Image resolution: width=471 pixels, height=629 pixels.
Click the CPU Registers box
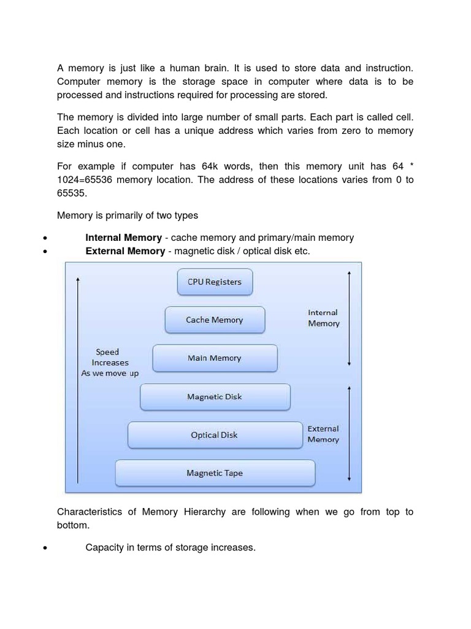tap(215, 282)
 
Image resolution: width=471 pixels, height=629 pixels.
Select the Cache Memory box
tap(215, 320)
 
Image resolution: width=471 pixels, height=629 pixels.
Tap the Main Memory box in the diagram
tap(215, 358)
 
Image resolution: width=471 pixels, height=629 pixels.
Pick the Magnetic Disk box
tap(215, 397)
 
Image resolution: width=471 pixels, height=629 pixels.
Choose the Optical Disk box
tap(215, 435)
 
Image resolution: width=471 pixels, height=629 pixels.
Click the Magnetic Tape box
tap(215, 473)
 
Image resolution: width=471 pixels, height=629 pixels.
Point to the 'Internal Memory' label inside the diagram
tap(323, 318)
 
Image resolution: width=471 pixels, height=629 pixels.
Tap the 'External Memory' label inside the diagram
tap(323, 434)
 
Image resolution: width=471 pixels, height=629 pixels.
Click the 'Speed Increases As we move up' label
tap(110, 362)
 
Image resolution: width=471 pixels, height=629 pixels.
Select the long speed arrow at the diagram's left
tap(78, 381)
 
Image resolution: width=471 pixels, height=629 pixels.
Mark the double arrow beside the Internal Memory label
tap(349, 318)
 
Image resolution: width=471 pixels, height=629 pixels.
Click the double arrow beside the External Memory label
tap(349, 433)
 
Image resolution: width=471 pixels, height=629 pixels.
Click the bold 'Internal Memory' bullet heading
tap(123, 238)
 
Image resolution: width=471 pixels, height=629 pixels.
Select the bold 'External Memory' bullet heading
tap(125, 251)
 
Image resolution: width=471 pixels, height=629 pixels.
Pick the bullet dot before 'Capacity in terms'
tap(45, 548)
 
